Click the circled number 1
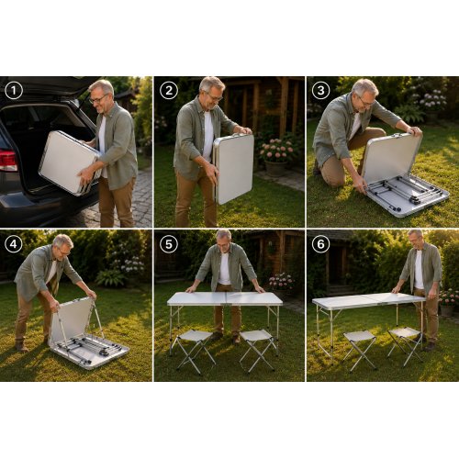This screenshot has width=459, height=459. (14, 91)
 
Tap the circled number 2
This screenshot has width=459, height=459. (169, 91)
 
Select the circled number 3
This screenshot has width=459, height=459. (320, 91)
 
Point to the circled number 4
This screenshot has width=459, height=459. (14, 244)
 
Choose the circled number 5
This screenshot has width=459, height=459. (169, 244)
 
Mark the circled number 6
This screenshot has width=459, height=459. (320, 244)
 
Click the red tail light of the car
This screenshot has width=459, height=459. (8, 162)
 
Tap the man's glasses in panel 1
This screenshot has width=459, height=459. (98, 99)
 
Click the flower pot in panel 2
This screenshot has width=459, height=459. (276, 169)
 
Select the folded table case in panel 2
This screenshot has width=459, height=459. (234, 169)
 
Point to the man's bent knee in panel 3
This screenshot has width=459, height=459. (333, 180)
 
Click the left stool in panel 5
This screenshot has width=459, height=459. (194, 351)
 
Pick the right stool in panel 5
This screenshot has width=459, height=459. (258, 350)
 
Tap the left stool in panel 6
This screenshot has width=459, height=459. (360, 350)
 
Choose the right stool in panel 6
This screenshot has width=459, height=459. (406, 346)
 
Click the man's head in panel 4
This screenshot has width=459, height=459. (63, 245)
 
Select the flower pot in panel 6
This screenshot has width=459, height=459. (447, 310)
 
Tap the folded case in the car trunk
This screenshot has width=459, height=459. (70, 162)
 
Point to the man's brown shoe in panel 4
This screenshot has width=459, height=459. (22, 346)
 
